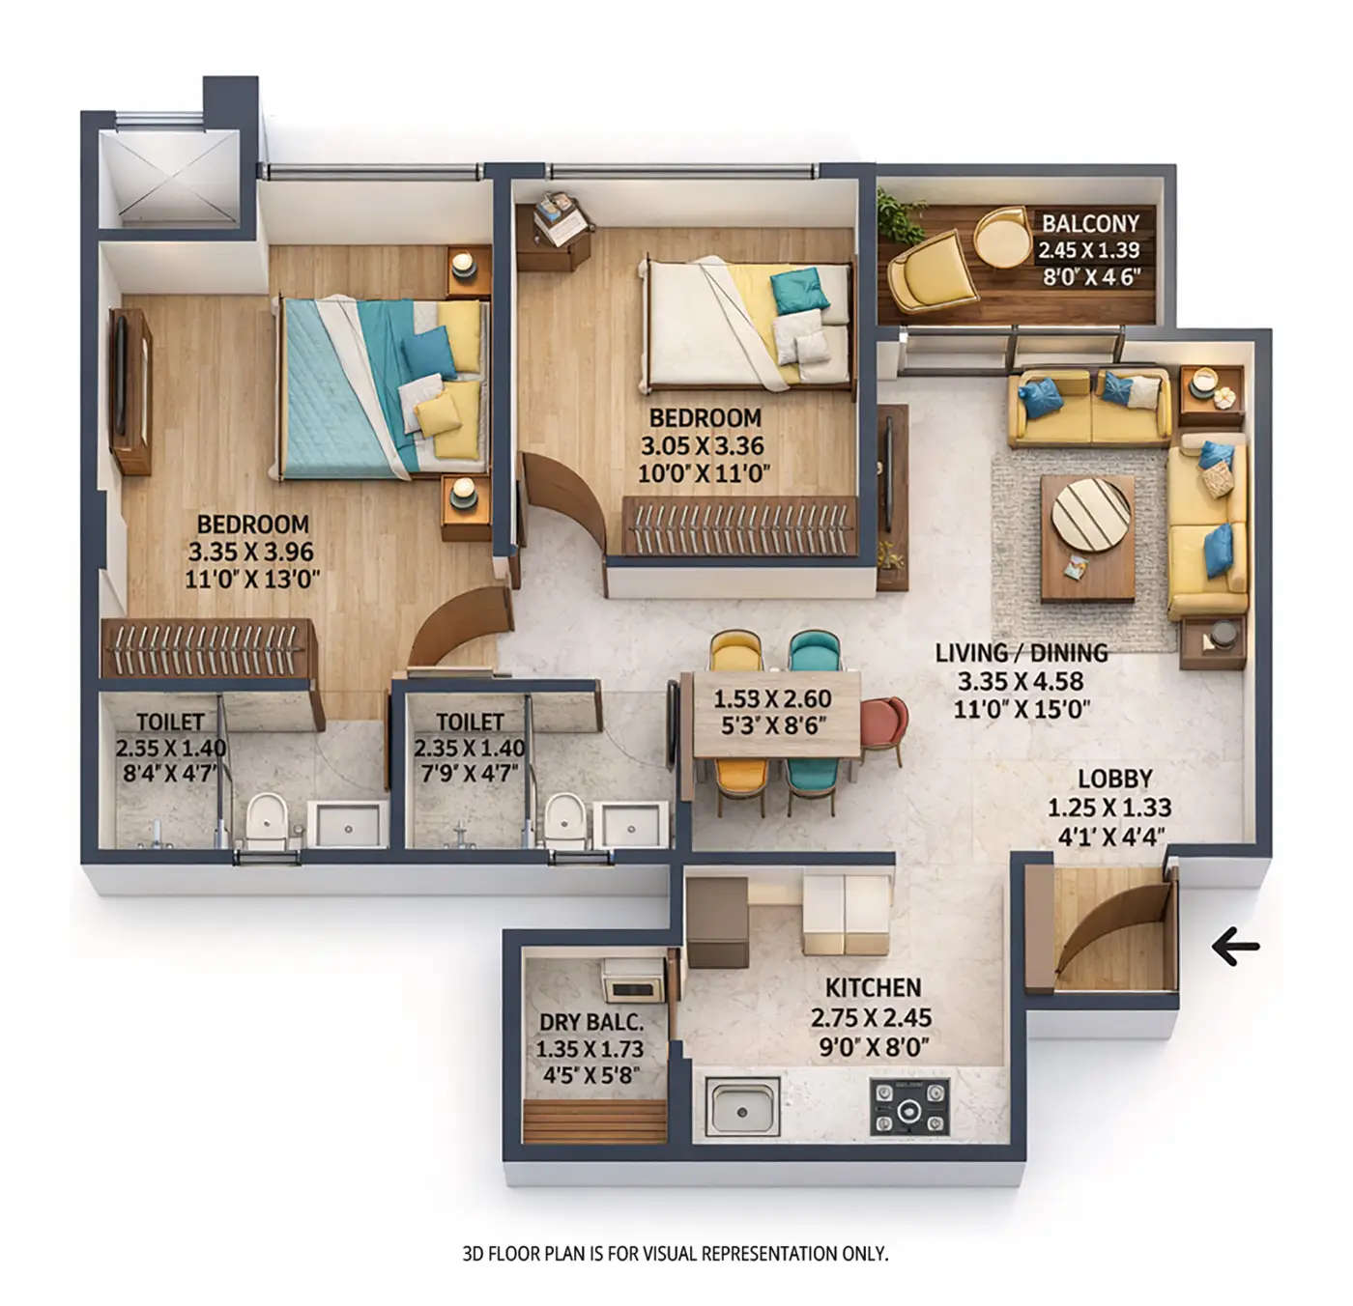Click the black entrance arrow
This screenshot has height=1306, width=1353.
1236,947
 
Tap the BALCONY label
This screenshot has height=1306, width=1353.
1090,223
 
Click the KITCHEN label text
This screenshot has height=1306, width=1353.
873,988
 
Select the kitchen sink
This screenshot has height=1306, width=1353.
744,1107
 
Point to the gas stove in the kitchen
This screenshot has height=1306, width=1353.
910,1107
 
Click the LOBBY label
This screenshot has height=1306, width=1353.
1115,779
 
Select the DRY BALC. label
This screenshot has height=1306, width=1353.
590,1023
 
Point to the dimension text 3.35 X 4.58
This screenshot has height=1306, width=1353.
1021,681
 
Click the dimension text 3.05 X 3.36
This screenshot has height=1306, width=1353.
703,446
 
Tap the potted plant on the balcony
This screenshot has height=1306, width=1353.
899,215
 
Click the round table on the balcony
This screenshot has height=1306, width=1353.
1002,237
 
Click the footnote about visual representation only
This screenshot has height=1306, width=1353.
676,1254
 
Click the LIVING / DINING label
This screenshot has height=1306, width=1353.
1021,653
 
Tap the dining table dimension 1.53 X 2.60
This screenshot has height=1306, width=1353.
772,698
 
